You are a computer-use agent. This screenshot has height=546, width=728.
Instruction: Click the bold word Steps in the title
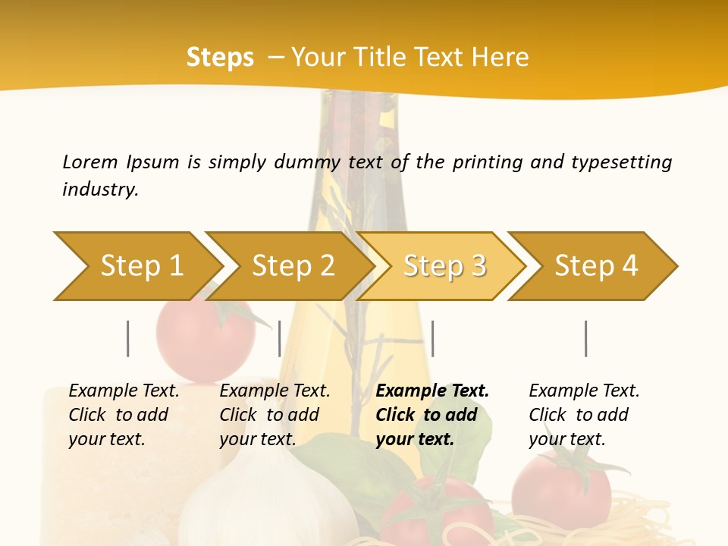click(x=220, y=58)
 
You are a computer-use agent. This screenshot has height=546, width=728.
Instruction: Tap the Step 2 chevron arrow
click(x=291, y=266)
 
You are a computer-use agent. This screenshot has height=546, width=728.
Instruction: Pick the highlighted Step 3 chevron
click(x=443, y=266)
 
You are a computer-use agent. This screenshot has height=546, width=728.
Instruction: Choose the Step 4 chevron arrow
click(x=595, y=266)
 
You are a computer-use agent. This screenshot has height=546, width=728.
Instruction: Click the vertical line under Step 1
click(x=128, y=338)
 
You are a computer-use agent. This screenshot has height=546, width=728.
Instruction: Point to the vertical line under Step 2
click(x=280, y=338)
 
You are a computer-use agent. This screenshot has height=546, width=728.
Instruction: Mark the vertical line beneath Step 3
click(x=432, y=338)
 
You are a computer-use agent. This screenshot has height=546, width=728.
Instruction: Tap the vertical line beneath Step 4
click(x=586, y=338)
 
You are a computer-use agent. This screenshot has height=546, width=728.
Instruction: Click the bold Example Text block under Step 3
click(x=432, y=415)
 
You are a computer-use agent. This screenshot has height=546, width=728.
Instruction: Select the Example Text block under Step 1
click(x=124, y=415)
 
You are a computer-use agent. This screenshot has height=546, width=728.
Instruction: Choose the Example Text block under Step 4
click(x=584, y=415)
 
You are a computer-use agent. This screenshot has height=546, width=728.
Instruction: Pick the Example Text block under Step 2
click(x=275, y=415)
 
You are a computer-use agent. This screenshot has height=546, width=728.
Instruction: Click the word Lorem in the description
click(x=90, y=162)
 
